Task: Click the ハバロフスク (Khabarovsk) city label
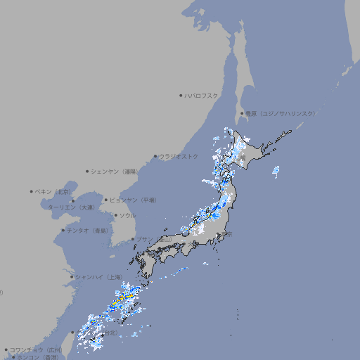pyautogui.click(x=202, y=95)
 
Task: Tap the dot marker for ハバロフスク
pyautogui.click(x=181, y=95)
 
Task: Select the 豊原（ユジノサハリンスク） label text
pyautogui.click(x=280, y=113)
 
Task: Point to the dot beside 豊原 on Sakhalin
pyautogui.click(x=242, y=113)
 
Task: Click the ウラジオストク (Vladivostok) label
pyautogui.click(x=179, y=156)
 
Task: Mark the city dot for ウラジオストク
pyautogui.click(x=155, y=157)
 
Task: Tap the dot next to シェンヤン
pyautogui.click(x=88, y=171)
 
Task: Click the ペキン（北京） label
pyautogui.click(x=53, y=191)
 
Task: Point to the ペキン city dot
pyautogui.click(x=32, y=191)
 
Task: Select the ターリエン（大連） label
pyautogui.click(x=70, y=207)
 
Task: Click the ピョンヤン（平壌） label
pyautogui.click(x=132, y=200)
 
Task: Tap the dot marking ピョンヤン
pyautogui.click(x=106, y=200)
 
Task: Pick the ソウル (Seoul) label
pyautogui.click(x=127, y=215)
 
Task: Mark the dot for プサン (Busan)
pyautogui.click(x=133, y=239)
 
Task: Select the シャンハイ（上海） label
pyautogui.click(x=98, y=277)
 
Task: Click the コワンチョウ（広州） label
pyautogui.click(x=36, y=349)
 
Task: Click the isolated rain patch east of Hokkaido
pyautogui.click(x=276, y=170)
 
